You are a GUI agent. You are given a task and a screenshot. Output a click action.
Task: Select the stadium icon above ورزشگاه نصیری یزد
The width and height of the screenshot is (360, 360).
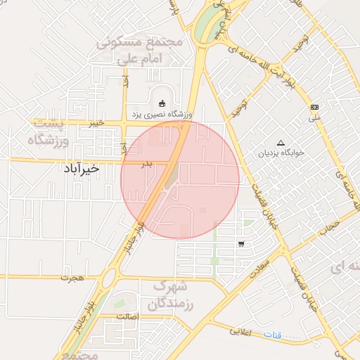tap(162, 103)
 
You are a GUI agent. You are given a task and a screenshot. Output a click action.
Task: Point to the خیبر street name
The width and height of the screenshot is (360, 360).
tap(96, 122)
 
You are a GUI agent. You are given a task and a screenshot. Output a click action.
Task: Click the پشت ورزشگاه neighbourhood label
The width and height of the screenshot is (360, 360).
tap(49, 132)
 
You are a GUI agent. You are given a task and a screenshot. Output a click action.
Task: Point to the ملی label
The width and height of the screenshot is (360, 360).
tap(314, 118)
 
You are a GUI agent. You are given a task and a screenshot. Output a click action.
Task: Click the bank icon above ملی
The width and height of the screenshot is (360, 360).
tap(314, 107)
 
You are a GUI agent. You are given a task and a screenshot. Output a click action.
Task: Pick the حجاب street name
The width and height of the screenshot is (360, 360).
tap(330, 227)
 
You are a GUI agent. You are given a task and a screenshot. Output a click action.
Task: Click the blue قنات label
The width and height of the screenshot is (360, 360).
tap(272, 335)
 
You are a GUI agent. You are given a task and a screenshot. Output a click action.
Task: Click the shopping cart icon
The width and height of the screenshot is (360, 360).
tap(242, 245)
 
